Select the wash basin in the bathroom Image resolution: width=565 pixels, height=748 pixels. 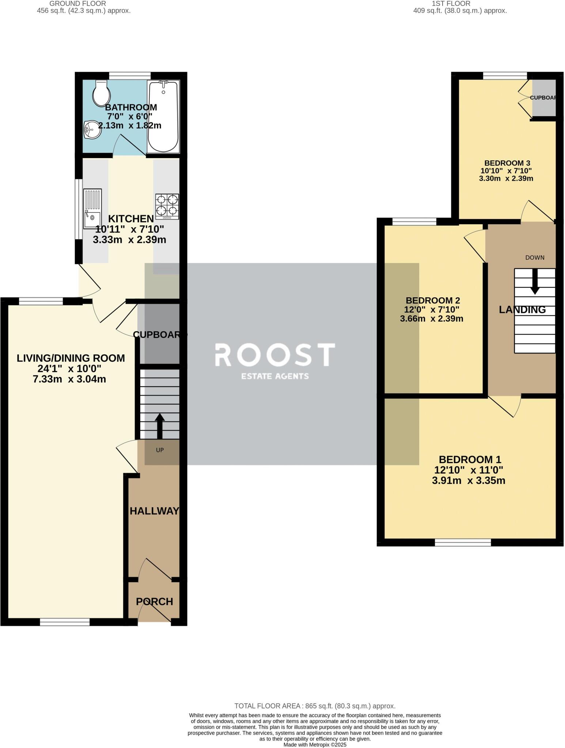point(92,130)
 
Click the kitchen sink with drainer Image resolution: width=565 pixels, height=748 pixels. point(92,209)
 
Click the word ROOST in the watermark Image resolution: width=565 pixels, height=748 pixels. point(274,355)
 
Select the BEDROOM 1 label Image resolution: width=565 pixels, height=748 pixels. point(470,459)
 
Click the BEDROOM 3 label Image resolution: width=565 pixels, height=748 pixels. point(507,163)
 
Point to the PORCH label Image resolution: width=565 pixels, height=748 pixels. point(154,602)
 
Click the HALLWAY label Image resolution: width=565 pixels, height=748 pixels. point(154,511)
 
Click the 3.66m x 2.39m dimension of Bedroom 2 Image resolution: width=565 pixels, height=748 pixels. point(432,318)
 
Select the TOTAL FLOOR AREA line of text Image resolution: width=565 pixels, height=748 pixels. point(315,706)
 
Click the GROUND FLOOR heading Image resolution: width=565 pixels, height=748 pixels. point(77,3)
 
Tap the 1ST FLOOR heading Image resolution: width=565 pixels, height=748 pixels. point(451,3)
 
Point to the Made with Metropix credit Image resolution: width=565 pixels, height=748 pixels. point(315,744)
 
